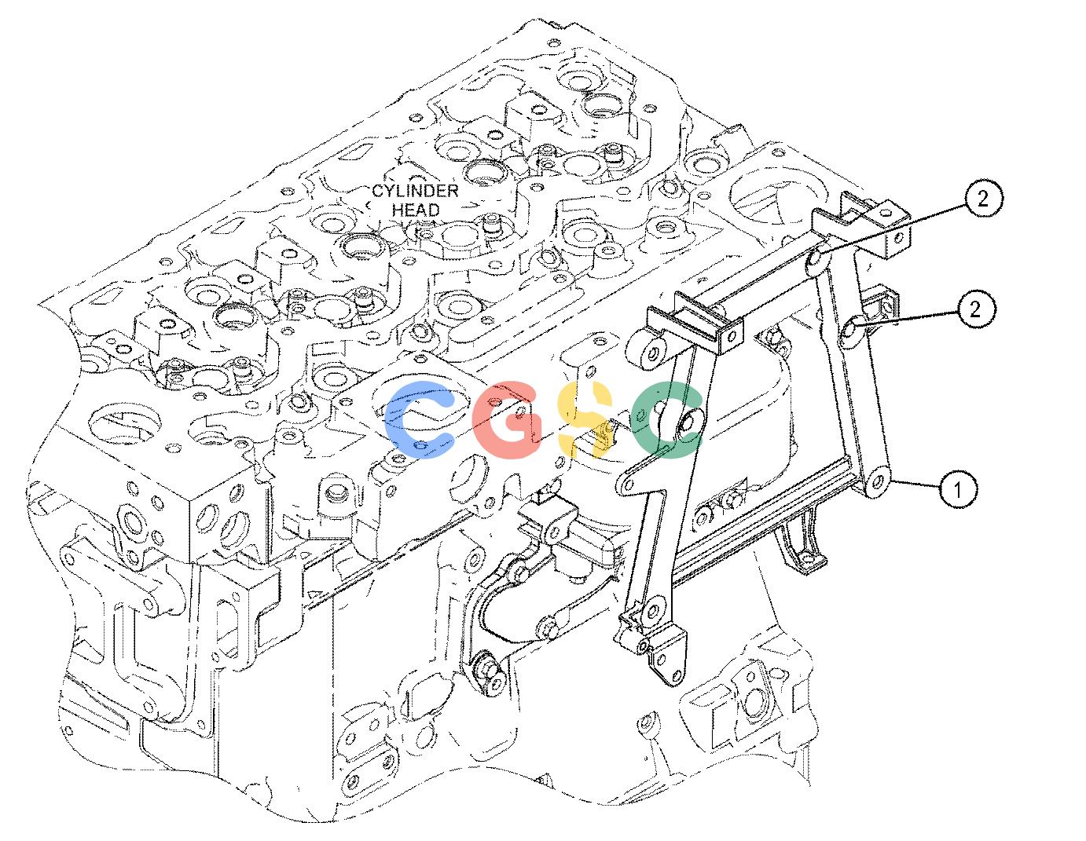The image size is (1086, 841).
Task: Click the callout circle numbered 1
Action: (957, 489)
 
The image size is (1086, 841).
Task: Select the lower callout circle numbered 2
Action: (975, 309)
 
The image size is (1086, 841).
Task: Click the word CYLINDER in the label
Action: (416, 191)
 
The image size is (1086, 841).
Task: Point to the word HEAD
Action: (416, 209)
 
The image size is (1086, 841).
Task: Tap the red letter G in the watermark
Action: (507, 419)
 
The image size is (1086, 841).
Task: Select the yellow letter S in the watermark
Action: (585, 419)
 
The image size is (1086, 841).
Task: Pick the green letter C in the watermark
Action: (667, 419)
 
